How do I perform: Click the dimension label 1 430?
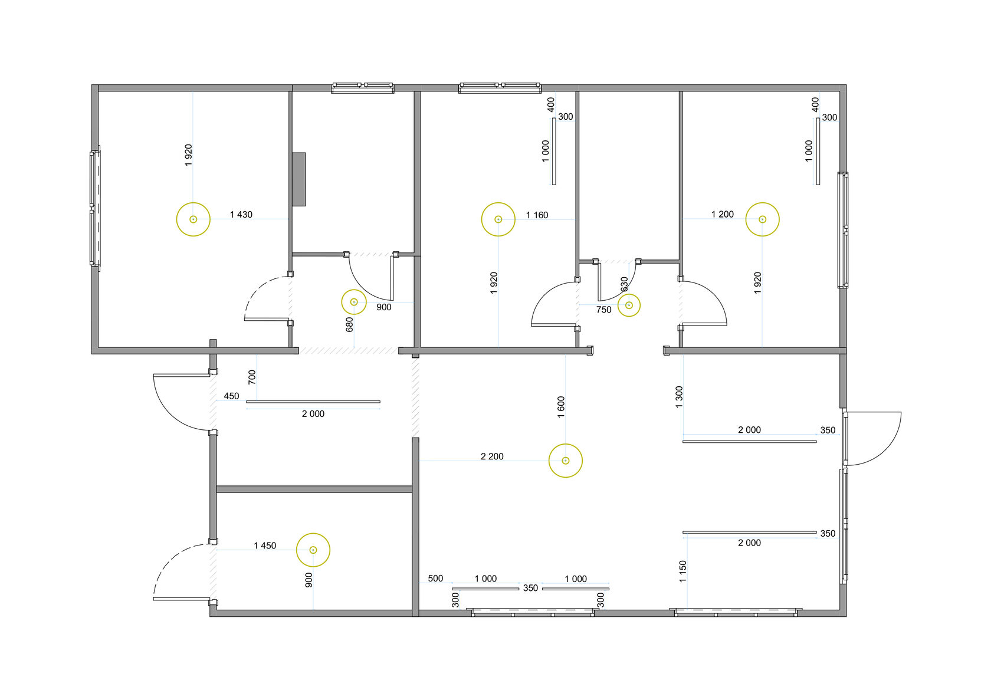click(x=241, y=215)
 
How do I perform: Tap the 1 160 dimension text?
click(x=537, y=215)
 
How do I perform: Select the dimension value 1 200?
click(x=723, y=214)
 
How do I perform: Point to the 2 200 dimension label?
click(x=492, y=456)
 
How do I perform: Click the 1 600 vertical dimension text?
click(x=561, y=407)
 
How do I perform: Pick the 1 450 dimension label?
click(x=264, y=545)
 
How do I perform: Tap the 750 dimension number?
click(x=604, y=310)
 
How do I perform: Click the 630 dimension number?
click(x=624, y=284)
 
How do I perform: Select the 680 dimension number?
click(x=349, y=324)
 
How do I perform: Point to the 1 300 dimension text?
click(x=679, y=397)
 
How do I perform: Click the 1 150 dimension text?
click(x=682, y=572)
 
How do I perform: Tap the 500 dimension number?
click(x=435, y=579)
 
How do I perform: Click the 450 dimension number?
click(x=231, y=396)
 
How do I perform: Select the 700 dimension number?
click(x=252, y=377)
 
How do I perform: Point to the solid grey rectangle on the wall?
click(x=298, y=179)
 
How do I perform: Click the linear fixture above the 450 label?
click(x=313, y=402)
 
